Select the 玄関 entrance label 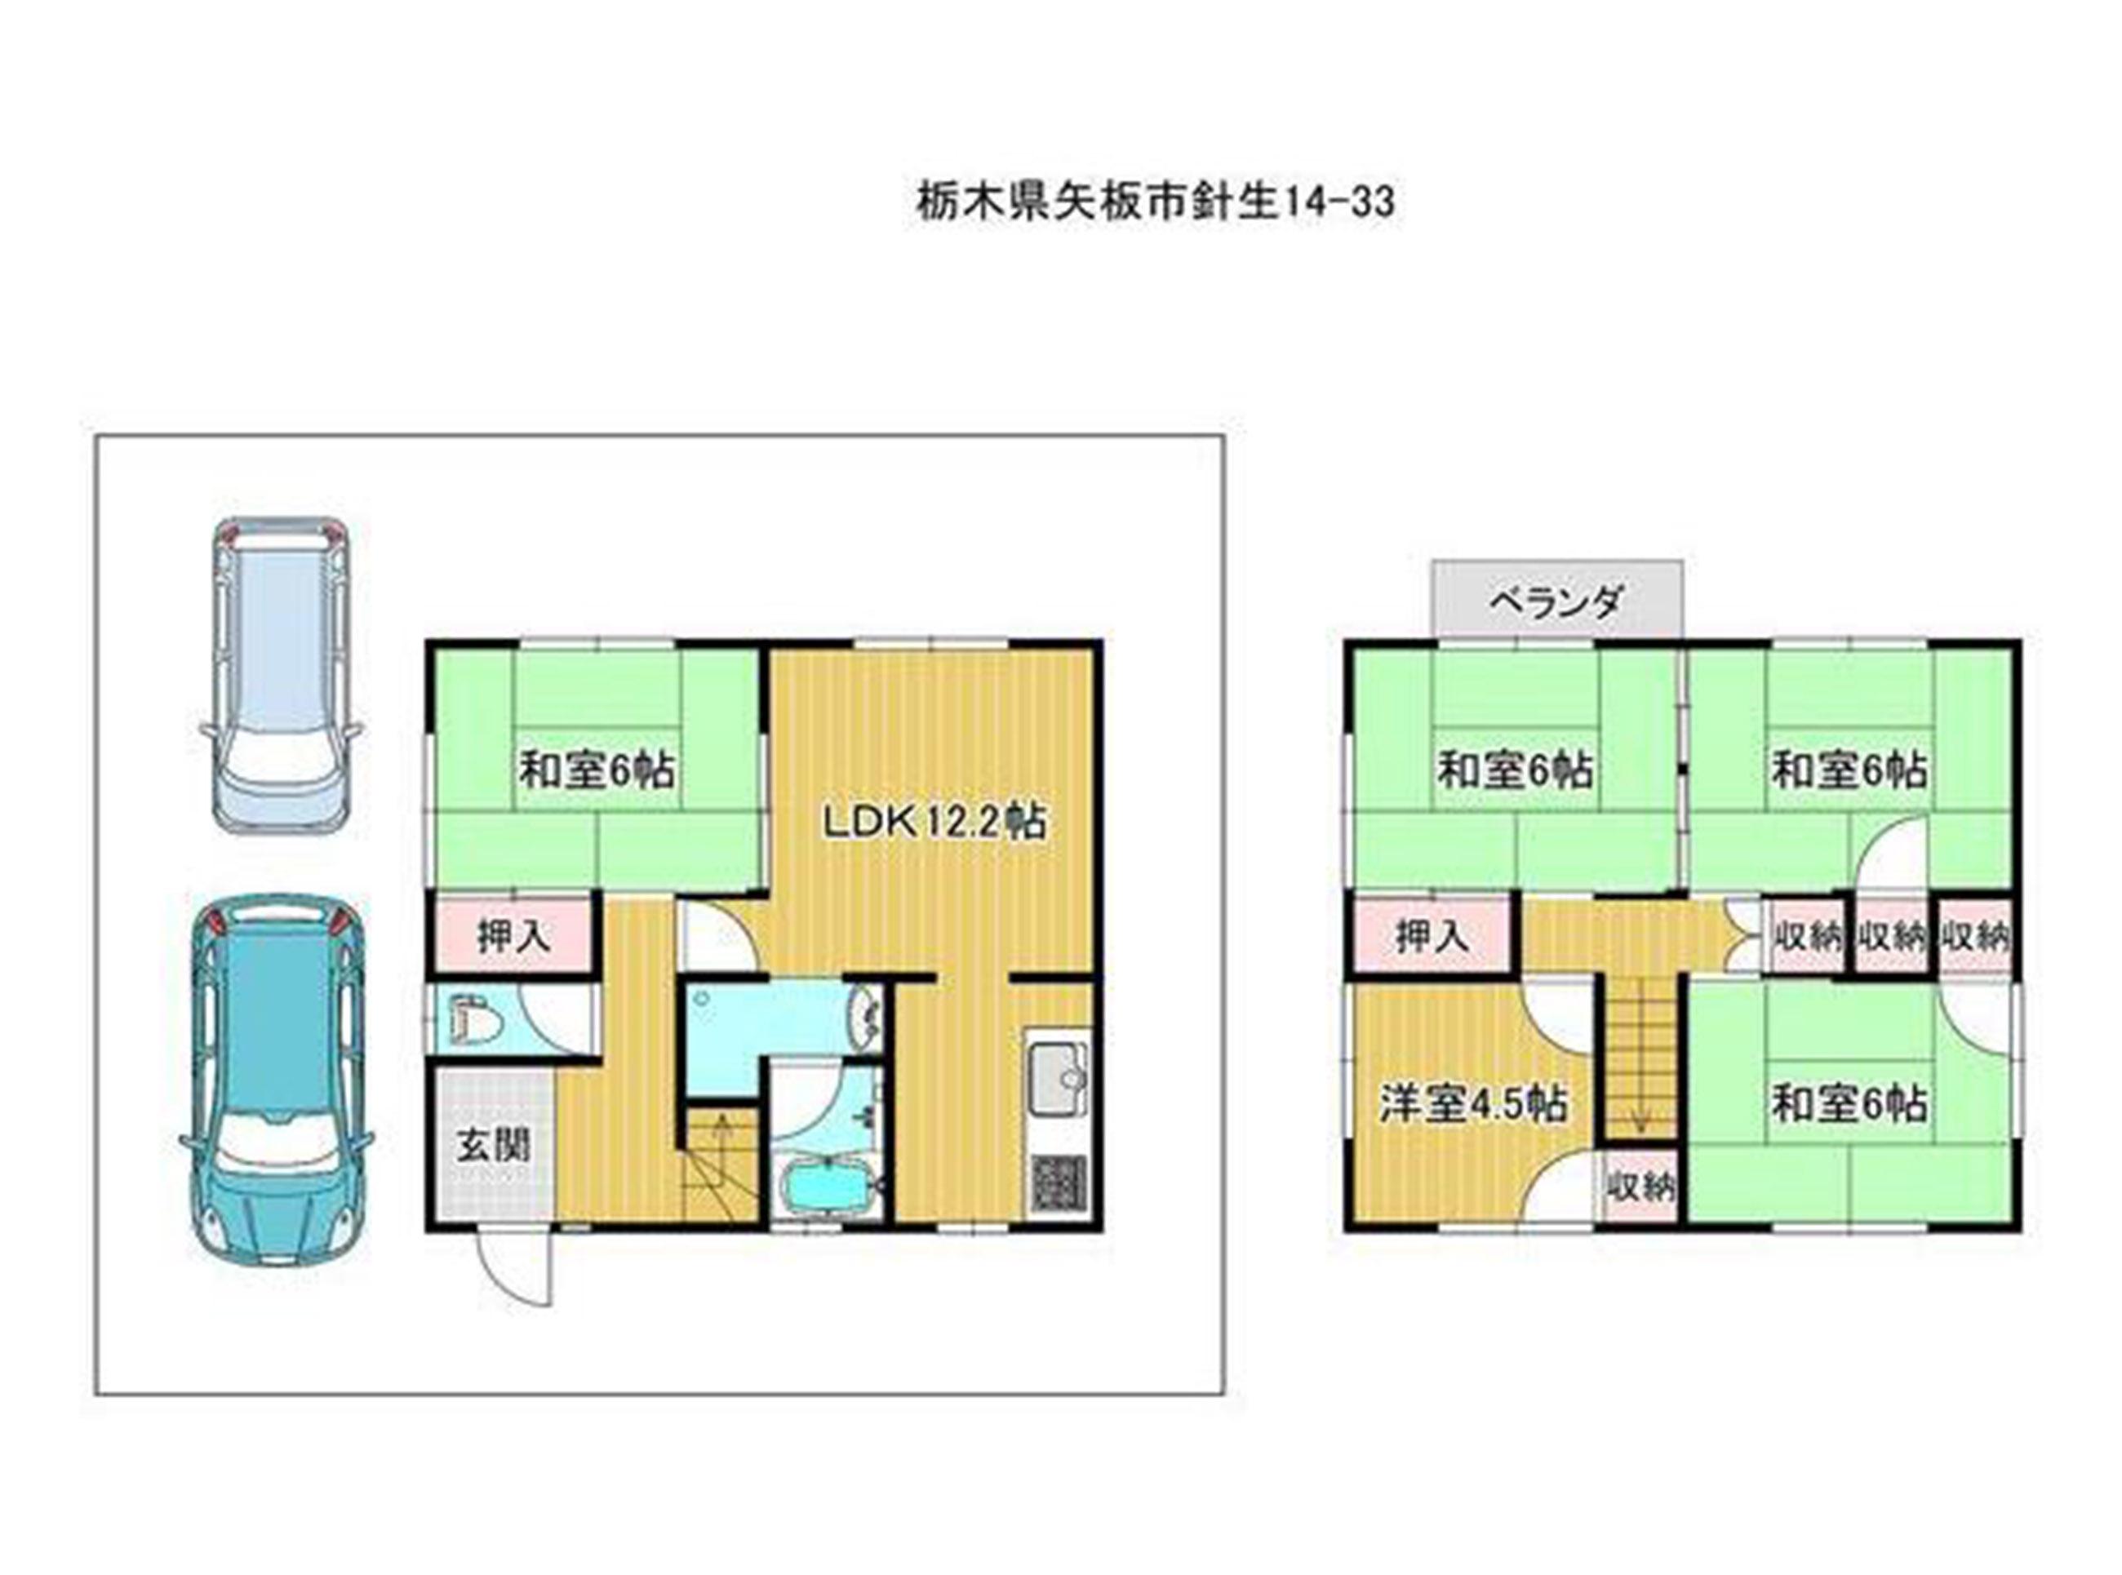point(492,1144)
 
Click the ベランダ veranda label point(1556,601)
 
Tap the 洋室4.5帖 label point(1474,1104)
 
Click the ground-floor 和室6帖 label point(597,770)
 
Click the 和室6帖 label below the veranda point(1515,770)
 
